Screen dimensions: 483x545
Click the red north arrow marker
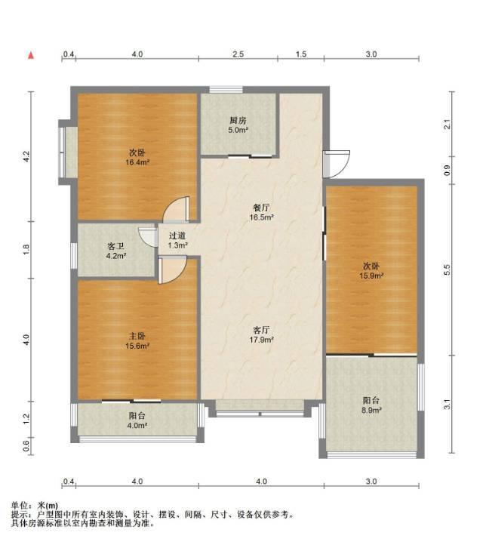[x=31, y=55]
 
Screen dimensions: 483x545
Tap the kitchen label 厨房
[x=238, y=121]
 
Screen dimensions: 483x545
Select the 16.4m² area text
[x=137, y=162]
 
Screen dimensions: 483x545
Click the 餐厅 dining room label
[x=261, y=208]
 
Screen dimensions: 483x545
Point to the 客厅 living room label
[x=261, y=330]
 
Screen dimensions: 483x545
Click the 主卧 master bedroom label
[x=137, y=336]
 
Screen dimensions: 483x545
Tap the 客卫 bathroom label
[x=116, y=246]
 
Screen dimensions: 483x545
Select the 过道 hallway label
[x=177, y=236]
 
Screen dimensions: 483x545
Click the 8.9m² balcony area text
[x=371, y=410]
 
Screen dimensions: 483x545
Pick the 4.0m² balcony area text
[x=137, y=426]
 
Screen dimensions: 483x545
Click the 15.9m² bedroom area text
[x=371, y=276]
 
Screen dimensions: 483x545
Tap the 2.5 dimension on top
[x=238, y=54]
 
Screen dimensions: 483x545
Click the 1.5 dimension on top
[x=301, y=54]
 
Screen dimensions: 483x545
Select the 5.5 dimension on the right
[x=448, y=269]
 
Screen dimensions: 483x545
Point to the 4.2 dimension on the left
[x=26, y=156]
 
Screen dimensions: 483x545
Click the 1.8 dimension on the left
[x=26, y=250]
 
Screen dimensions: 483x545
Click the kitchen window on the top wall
[x=226, y=90]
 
